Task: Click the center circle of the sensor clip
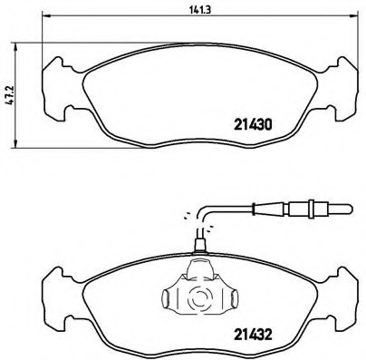pos(198,294)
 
